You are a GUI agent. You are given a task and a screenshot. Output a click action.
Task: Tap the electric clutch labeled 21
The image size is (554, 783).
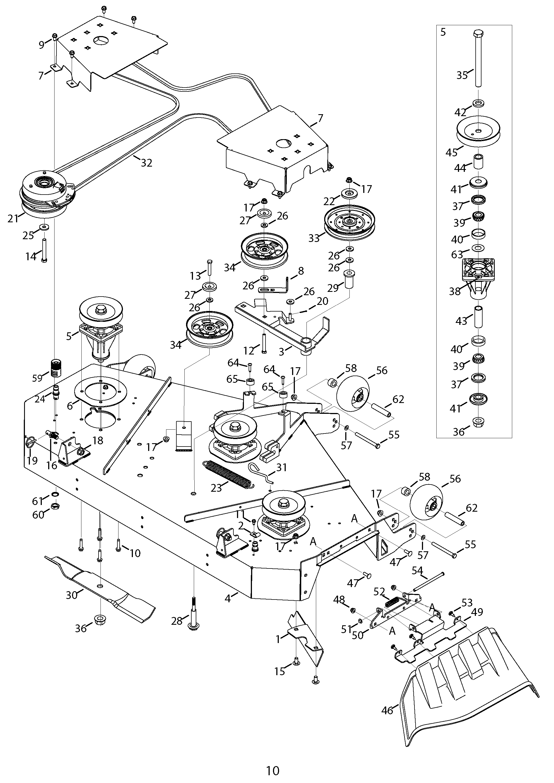[48, 196]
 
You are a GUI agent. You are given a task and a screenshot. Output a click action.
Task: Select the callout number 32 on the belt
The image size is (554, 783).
[146, 163]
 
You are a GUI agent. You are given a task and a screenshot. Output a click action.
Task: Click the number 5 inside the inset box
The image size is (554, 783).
[443, 32]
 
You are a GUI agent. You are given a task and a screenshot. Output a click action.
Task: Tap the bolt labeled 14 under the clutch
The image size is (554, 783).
[44, 250]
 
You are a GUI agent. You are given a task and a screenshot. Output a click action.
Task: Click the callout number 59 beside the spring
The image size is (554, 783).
[37, 378]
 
